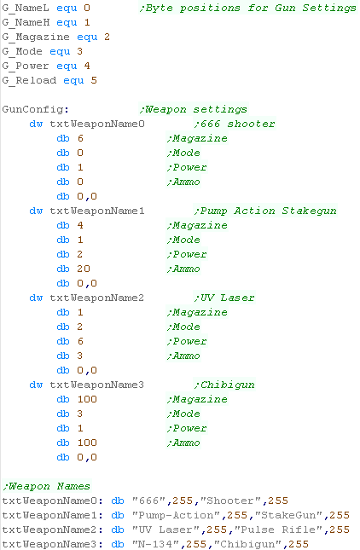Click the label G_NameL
point(26,8)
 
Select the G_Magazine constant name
point(36,38)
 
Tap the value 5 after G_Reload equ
point(94,80)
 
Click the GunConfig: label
point(36,109)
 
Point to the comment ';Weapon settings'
point(193,109)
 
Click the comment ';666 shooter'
point(234,124)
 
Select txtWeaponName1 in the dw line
point(97,211)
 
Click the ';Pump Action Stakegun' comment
point(265,211)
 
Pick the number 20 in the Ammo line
point(84,269)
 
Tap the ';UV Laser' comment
point(224,298)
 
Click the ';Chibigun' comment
point(224,385)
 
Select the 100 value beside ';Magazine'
point(87,399)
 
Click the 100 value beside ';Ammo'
point(87,443)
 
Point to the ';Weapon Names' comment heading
point(46,486)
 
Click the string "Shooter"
point(231,501)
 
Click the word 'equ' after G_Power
point(67,67)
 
